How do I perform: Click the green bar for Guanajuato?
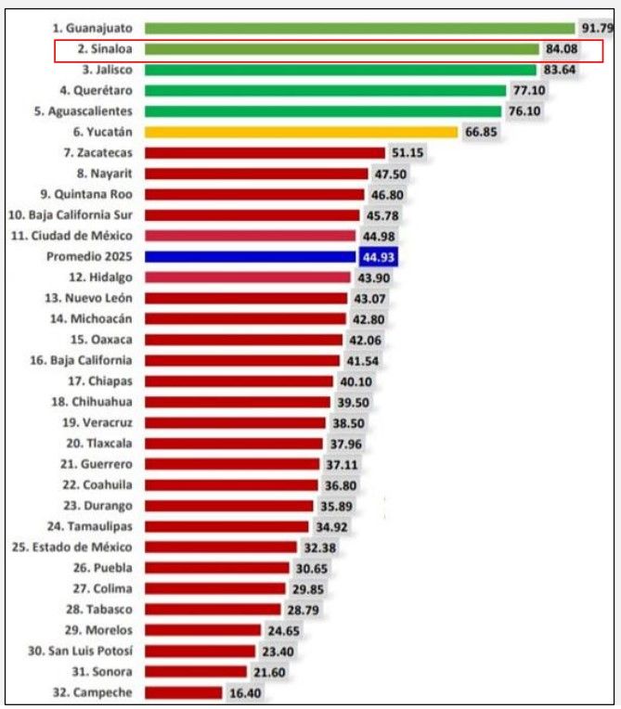tap(360, 29)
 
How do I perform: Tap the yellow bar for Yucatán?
tap(302, 132)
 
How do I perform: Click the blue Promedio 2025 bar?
tap(251, 256)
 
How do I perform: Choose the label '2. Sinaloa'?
tap(103, 49)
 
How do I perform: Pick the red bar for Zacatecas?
tap(265, 152)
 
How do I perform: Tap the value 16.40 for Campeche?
tap(245, 691)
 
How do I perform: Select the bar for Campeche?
tap(184, 691)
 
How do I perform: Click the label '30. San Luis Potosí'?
tap(80, 651)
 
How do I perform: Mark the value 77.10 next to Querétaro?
tap(527, 90)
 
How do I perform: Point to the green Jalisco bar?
tap(341, 70)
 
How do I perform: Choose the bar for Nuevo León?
tap(246, 298)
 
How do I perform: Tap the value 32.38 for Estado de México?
tap(320, 547)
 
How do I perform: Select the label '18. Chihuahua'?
tap(92, 401)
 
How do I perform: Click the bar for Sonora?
tap(196, 671)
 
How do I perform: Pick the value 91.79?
tap(598, 29)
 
